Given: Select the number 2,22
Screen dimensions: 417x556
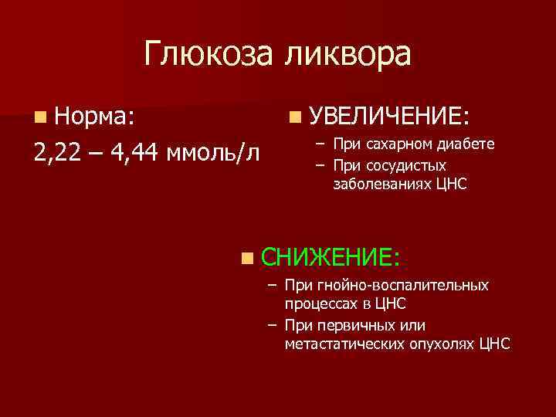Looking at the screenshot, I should tap(59, 151).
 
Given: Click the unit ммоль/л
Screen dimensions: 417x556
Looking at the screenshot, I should tap(216, 151).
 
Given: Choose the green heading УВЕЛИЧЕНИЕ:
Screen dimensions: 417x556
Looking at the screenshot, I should tap(389, 117).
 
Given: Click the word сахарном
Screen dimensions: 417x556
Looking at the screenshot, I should tap(395, 144).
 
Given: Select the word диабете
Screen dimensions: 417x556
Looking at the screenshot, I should tap(466, 144).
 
